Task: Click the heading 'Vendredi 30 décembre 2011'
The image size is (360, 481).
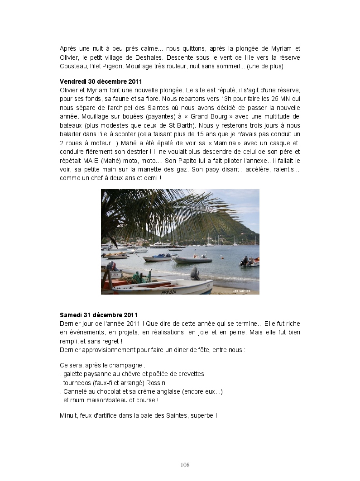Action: (101, 81)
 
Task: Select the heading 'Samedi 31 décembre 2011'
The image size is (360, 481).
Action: (98, 315)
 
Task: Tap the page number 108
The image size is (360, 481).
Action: (185, 465)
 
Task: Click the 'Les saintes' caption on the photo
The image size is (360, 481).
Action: (241, 291)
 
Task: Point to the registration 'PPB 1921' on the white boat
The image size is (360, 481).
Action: (169, 292)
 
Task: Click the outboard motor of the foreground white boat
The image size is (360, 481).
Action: (195, 273)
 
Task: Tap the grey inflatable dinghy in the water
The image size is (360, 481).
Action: (192, 259)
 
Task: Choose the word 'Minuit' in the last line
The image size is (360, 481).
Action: (68, 415)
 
